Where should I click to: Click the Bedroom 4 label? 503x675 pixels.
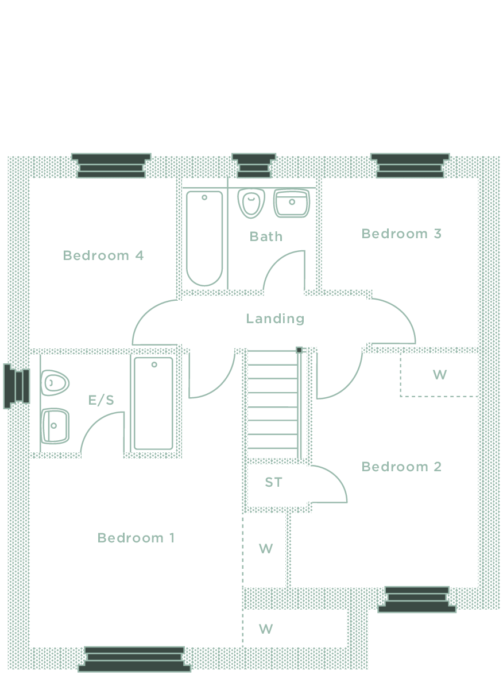103,255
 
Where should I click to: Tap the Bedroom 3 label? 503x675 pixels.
401,234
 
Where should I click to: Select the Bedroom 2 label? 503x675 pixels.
401,467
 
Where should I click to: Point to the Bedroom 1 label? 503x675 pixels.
136,538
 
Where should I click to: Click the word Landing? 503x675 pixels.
275,319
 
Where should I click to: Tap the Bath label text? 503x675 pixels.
266,236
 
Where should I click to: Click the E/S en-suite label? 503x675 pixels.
101,400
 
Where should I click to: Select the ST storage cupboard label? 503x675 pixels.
273,483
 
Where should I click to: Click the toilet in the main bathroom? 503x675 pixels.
251,203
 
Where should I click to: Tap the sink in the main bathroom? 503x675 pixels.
292,203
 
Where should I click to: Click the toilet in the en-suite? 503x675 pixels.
55,382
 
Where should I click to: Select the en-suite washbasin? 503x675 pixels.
55,426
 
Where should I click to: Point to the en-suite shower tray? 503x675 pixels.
153,404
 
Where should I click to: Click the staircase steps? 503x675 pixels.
272,405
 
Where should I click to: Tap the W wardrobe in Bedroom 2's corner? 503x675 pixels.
439,375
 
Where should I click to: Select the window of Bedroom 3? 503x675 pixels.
409,165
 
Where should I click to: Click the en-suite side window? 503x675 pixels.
17,386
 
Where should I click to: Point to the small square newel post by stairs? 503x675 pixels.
299,350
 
